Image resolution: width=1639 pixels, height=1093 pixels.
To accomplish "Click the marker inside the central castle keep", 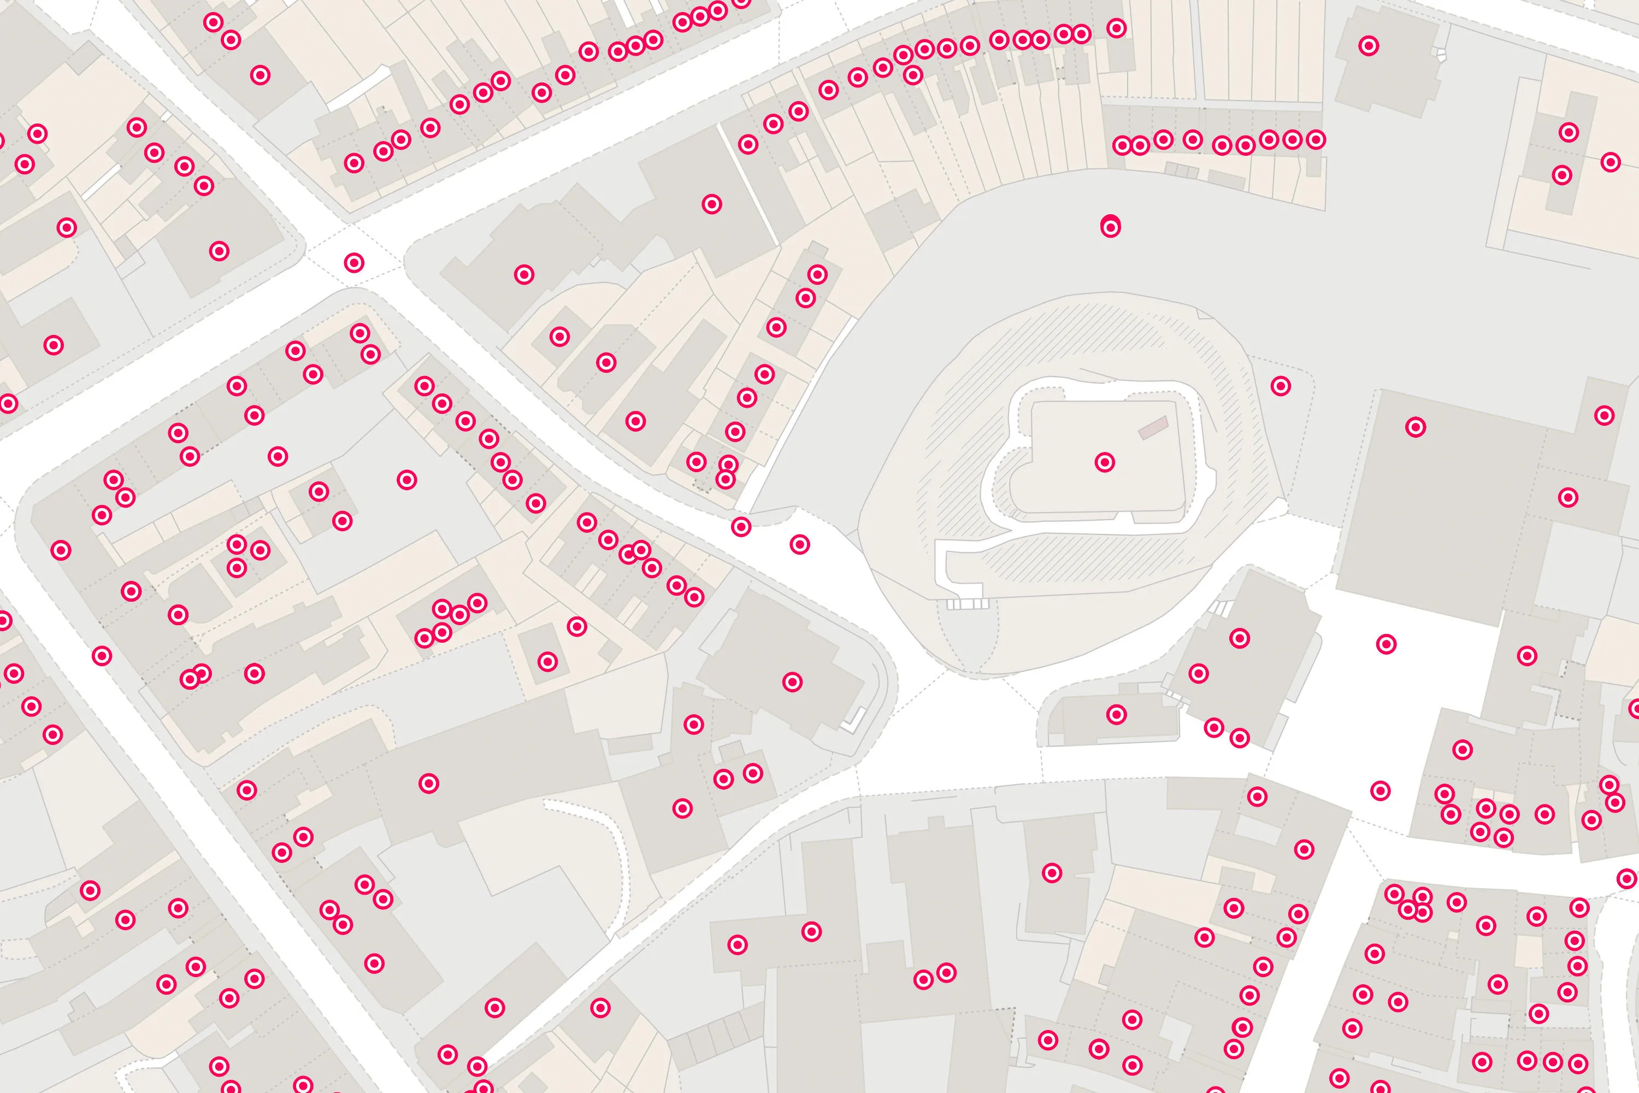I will [x=1105, y=462].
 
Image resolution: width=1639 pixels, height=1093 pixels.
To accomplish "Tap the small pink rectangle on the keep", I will [x=1153, y=427].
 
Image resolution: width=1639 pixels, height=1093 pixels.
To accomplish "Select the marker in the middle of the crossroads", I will [x=354, y=263].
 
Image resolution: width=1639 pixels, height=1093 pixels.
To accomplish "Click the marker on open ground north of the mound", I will [x=1111, y=227].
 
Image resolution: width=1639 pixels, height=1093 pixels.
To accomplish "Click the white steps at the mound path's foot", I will [x=967, y=604].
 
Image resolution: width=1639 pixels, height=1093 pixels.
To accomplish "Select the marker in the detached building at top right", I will [x=1369, y=46].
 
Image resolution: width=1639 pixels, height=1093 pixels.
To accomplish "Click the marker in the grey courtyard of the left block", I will [x=407, y=480].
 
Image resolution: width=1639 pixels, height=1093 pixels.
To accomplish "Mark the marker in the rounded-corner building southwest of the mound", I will [x=792, y=681].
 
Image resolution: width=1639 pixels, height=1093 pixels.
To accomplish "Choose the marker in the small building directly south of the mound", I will [x=1116, y=714].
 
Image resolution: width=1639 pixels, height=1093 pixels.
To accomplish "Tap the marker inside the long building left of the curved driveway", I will [x=428, y=784].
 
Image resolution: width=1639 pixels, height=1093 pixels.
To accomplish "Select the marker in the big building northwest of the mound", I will [x=711, y=204].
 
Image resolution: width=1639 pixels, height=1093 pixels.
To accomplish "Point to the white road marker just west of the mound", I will [x=800, y=544].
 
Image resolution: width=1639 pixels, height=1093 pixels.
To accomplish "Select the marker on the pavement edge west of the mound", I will [x=741, y=526].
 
